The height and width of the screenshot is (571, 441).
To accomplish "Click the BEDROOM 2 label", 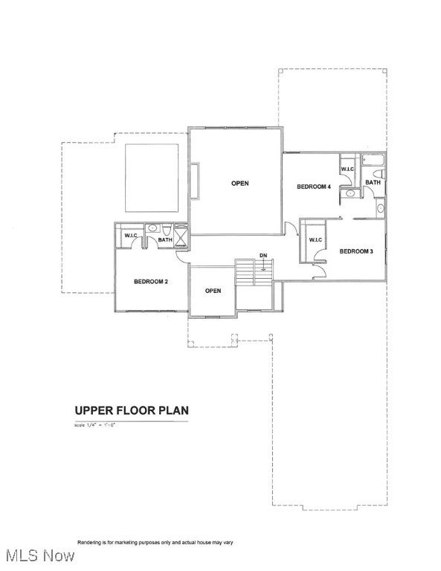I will pyautogui.click(x=151, y=282).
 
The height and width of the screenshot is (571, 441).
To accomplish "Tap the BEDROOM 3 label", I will pyautogui.click(x=355, y=251).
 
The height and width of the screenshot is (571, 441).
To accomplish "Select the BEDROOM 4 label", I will pyautogui.click(x=313, y=186).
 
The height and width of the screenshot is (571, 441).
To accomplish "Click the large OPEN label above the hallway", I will pyautogui.click(x=239, y=183).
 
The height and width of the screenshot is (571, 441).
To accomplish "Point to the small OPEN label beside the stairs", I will pyautogui.click(x=213, y=291).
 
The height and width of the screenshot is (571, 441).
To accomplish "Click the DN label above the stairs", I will pyautogui.click(x=263, y=255).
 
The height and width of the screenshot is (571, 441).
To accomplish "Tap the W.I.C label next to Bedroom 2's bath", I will pyautogui.click(x=131, y=236).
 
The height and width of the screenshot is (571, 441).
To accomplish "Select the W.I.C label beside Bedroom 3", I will pyautogui.click(x=315, y=239).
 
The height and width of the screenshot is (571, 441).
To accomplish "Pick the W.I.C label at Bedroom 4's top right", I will pyautogui.click(x=347, y=170).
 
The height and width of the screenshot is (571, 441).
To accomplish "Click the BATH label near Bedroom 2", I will pyautogui.click(x=165, y=240).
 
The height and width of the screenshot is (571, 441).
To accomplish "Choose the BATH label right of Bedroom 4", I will pyautogui.click(x=373, y=182).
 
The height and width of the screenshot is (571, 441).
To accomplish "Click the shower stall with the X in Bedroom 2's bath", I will pyautogui.click(x=181, y=236).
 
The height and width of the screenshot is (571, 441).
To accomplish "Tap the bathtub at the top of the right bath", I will pyautogui.click(x=372, y=160).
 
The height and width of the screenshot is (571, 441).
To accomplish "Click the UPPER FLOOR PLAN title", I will pyautogui.click(x=131, y=410).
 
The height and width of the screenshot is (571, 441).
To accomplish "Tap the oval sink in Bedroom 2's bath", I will pyautogui.click(x=151, y=229).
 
